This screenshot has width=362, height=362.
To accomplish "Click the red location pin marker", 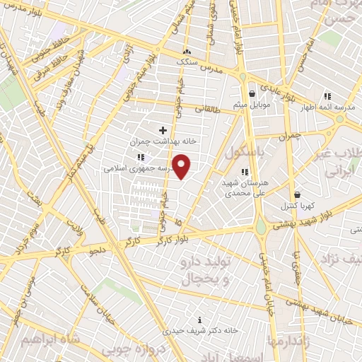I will coord(182,167).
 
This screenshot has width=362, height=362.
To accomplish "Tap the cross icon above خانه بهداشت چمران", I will coord(163,130).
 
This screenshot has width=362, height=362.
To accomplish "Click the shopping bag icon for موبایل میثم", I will coord(251,94).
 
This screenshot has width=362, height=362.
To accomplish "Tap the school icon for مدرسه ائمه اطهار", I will coord(327,96).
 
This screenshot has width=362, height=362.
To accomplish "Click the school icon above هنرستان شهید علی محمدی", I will coord(244,171).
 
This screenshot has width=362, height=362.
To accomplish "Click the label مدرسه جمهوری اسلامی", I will coord(134,168).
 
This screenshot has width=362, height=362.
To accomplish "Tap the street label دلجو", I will coord(97,250).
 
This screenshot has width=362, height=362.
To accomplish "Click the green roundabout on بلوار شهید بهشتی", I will coord(262,226).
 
